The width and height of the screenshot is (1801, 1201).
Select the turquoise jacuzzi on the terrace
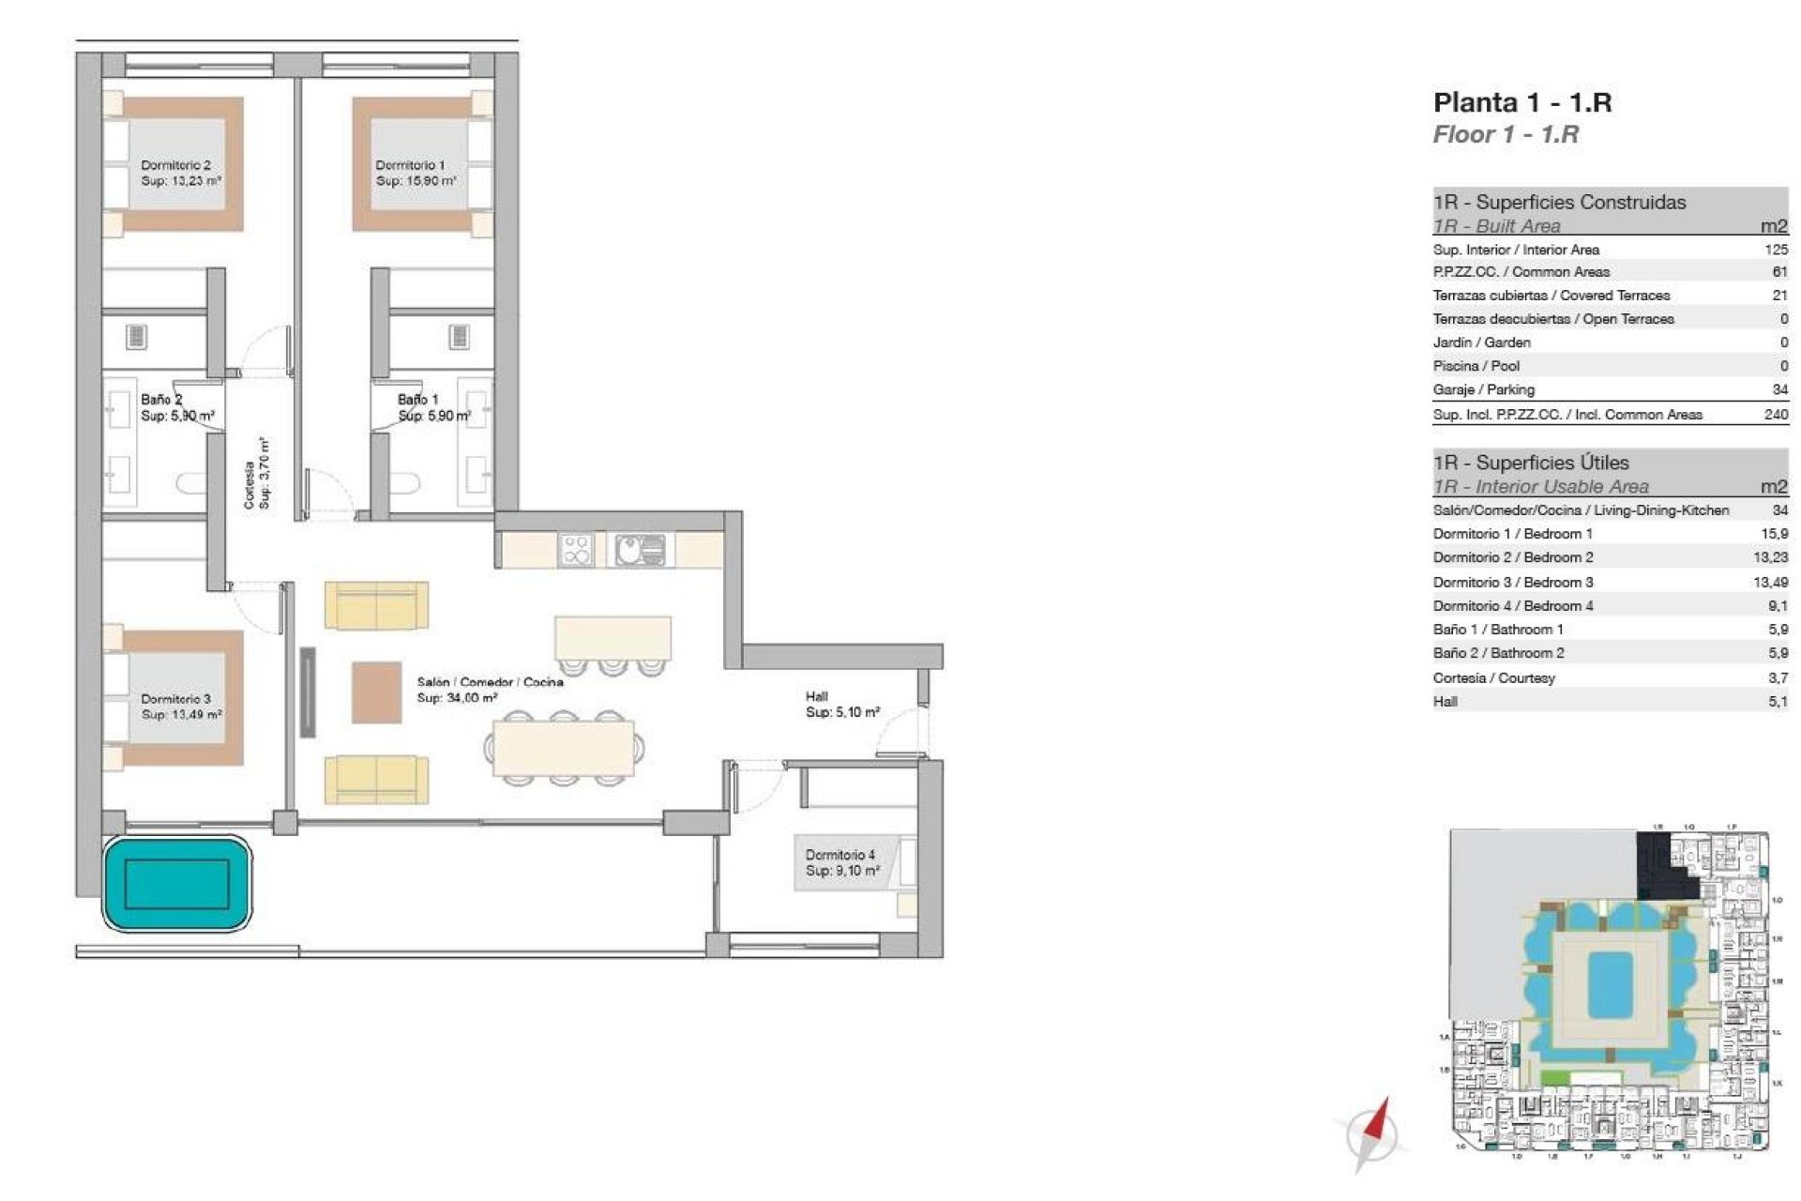coord(176,883)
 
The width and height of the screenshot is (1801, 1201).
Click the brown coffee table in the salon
coord(376,692)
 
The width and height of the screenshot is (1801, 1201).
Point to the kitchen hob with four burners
coord(575,550)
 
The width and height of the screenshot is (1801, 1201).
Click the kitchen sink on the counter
coord(642,550)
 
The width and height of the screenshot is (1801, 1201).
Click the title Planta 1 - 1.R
coord(1521,102)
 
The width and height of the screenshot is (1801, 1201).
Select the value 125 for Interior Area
coord(1776,250)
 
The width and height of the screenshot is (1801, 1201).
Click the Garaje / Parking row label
coord(1483,389)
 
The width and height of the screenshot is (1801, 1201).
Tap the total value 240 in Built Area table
coord(1776,414)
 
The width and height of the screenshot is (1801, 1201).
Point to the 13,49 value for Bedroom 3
coord(1770,582)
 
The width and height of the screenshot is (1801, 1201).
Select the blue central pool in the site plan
coord(1610,984)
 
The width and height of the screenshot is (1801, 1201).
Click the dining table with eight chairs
coord(564,748)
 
